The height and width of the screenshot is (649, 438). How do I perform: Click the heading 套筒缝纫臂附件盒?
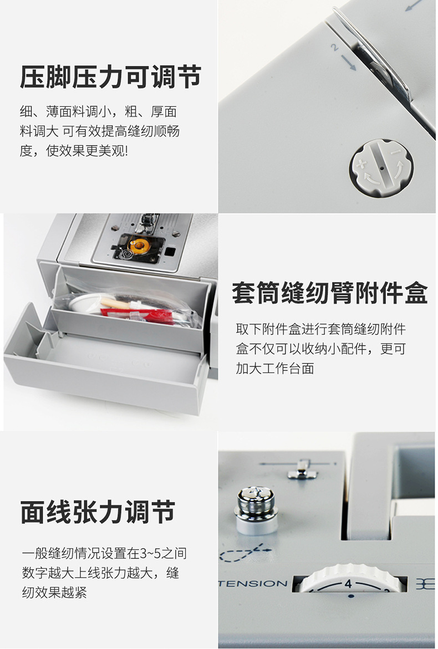329,293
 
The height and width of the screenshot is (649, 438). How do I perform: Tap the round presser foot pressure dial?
381,167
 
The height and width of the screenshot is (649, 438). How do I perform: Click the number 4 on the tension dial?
348,583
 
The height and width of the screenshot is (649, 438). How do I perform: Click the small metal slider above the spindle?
302,469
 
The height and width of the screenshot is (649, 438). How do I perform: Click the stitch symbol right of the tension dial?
426,584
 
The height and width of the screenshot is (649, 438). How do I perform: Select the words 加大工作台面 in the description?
275,369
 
